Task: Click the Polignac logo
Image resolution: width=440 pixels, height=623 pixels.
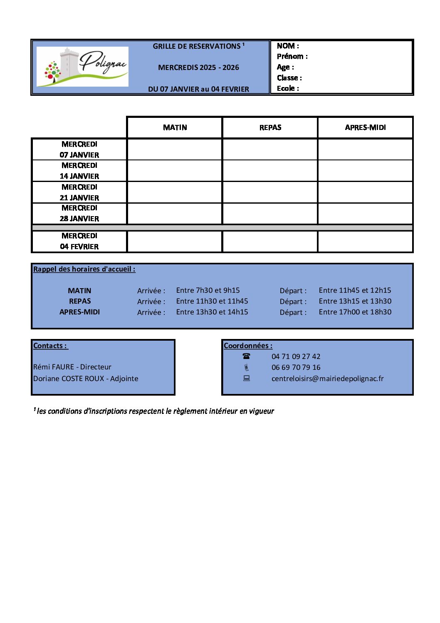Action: (x=82, y=67)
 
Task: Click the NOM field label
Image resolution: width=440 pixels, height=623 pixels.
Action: (x=287, y=46)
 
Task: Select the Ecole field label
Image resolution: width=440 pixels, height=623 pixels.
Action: (x=287, y=88)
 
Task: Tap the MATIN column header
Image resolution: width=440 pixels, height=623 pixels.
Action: (x=175, y=127)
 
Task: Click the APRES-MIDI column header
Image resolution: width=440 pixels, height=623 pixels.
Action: (x=365, y=127)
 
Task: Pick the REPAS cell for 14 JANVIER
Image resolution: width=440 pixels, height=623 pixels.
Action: (x=270, y=171)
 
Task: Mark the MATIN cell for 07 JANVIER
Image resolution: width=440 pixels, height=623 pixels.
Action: (x=175, y=150)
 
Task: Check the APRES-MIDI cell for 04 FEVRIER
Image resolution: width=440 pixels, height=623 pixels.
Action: (x=365, y=242)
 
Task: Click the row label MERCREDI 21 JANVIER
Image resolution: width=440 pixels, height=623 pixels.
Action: (x=79, y=192)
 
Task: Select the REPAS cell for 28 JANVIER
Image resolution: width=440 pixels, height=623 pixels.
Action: (x=270, y=214)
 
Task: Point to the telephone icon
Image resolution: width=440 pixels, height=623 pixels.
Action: (x=247, y=356)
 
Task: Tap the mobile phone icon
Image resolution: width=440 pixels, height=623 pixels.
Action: (x=247, y=367)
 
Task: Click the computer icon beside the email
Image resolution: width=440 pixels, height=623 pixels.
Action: (x=247, y=378)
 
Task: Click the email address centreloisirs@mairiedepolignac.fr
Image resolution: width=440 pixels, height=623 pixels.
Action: (x=327, y=379)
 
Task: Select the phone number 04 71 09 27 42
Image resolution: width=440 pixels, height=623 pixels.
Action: (x=296, y=356)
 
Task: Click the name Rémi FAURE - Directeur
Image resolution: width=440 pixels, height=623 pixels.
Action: (x=72, y=367)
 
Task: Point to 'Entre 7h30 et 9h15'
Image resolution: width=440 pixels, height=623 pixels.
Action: (x=208, y=290)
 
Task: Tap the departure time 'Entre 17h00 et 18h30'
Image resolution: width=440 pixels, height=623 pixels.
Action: (x=355, y=312)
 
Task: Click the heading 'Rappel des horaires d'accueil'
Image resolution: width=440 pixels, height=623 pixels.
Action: (x=84, y=269)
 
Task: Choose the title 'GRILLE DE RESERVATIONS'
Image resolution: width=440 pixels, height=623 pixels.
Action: (x=197, y=46)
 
